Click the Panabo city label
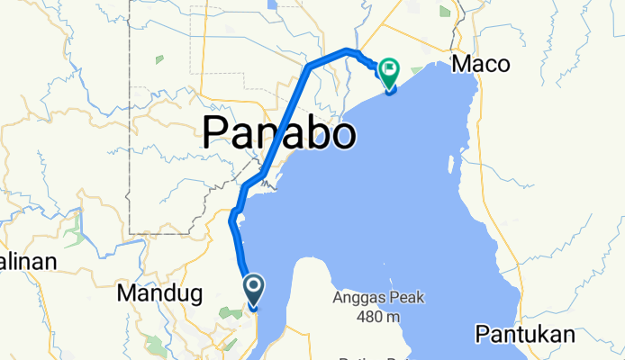(x=278, y=134)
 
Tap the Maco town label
(x=480, y=64)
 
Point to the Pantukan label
(x=524, y=335)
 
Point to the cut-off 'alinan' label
(x=27, y=263)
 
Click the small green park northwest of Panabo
(x=159, y=59)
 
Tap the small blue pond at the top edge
(x=271, y=4)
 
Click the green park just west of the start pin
(x=232, y=310)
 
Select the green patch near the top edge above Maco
(x=445, y=11)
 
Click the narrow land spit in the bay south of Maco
(x=450, y=163)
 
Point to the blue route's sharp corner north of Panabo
(x=310, y=67)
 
